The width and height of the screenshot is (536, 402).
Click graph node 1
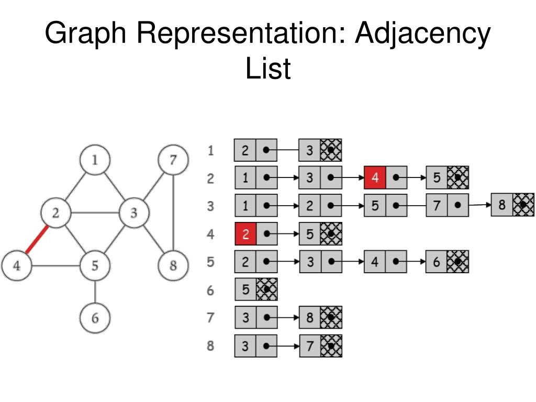click(x=95, y=160)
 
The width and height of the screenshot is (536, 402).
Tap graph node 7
click(x=173, y=160)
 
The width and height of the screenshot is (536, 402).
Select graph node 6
click(x=95, y=318)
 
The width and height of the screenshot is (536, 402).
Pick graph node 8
click(x=173, y=265)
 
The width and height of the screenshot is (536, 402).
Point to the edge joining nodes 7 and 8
click(x=173, y=213)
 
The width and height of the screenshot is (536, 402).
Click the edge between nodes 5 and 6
click(x=95, y=292)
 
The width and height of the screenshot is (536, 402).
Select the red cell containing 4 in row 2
click(x=375, y=178)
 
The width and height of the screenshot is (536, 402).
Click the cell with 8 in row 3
click(x=502, y=205)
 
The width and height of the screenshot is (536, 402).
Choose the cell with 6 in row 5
click(x=437, y=261)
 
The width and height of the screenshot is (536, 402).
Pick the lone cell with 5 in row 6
click(x=245, y=289)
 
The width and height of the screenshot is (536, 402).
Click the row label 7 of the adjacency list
click(x=210, y=318)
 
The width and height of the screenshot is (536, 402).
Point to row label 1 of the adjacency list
click(x=210, y=151)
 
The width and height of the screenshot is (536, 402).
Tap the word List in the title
click(x=267, y=69)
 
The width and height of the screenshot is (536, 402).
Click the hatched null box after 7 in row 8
click(x=331, y=346)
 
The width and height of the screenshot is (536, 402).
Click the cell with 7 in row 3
click(x=437, y=205)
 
